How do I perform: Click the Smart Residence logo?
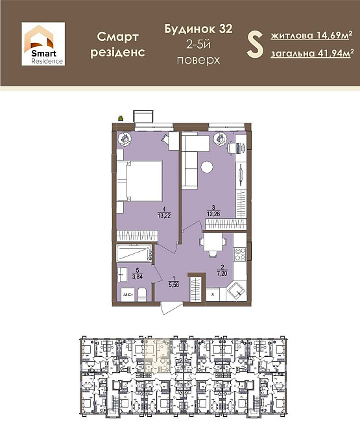[43, 44]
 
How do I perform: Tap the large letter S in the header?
[254, 43]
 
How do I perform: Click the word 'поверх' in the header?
[198, 60]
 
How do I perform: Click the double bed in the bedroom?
[140, 182]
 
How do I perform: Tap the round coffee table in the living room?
[207, 167]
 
